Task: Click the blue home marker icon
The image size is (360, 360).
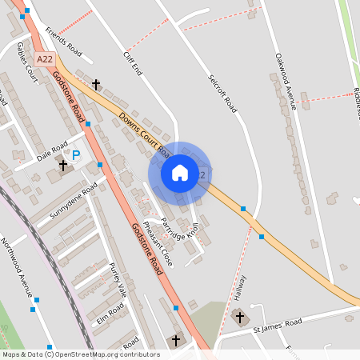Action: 179,172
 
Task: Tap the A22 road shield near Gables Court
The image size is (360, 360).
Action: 45,59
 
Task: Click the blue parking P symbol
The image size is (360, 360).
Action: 77,155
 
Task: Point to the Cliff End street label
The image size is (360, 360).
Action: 133,62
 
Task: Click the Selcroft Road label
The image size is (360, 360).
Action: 223,93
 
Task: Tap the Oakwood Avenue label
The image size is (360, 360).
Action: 286,78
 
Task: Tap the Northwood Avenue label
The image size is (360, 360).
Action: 19,263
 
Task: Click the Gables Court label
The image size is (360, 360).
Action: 26,63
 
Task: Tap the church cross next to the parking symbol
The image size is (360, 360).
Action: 62,166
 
